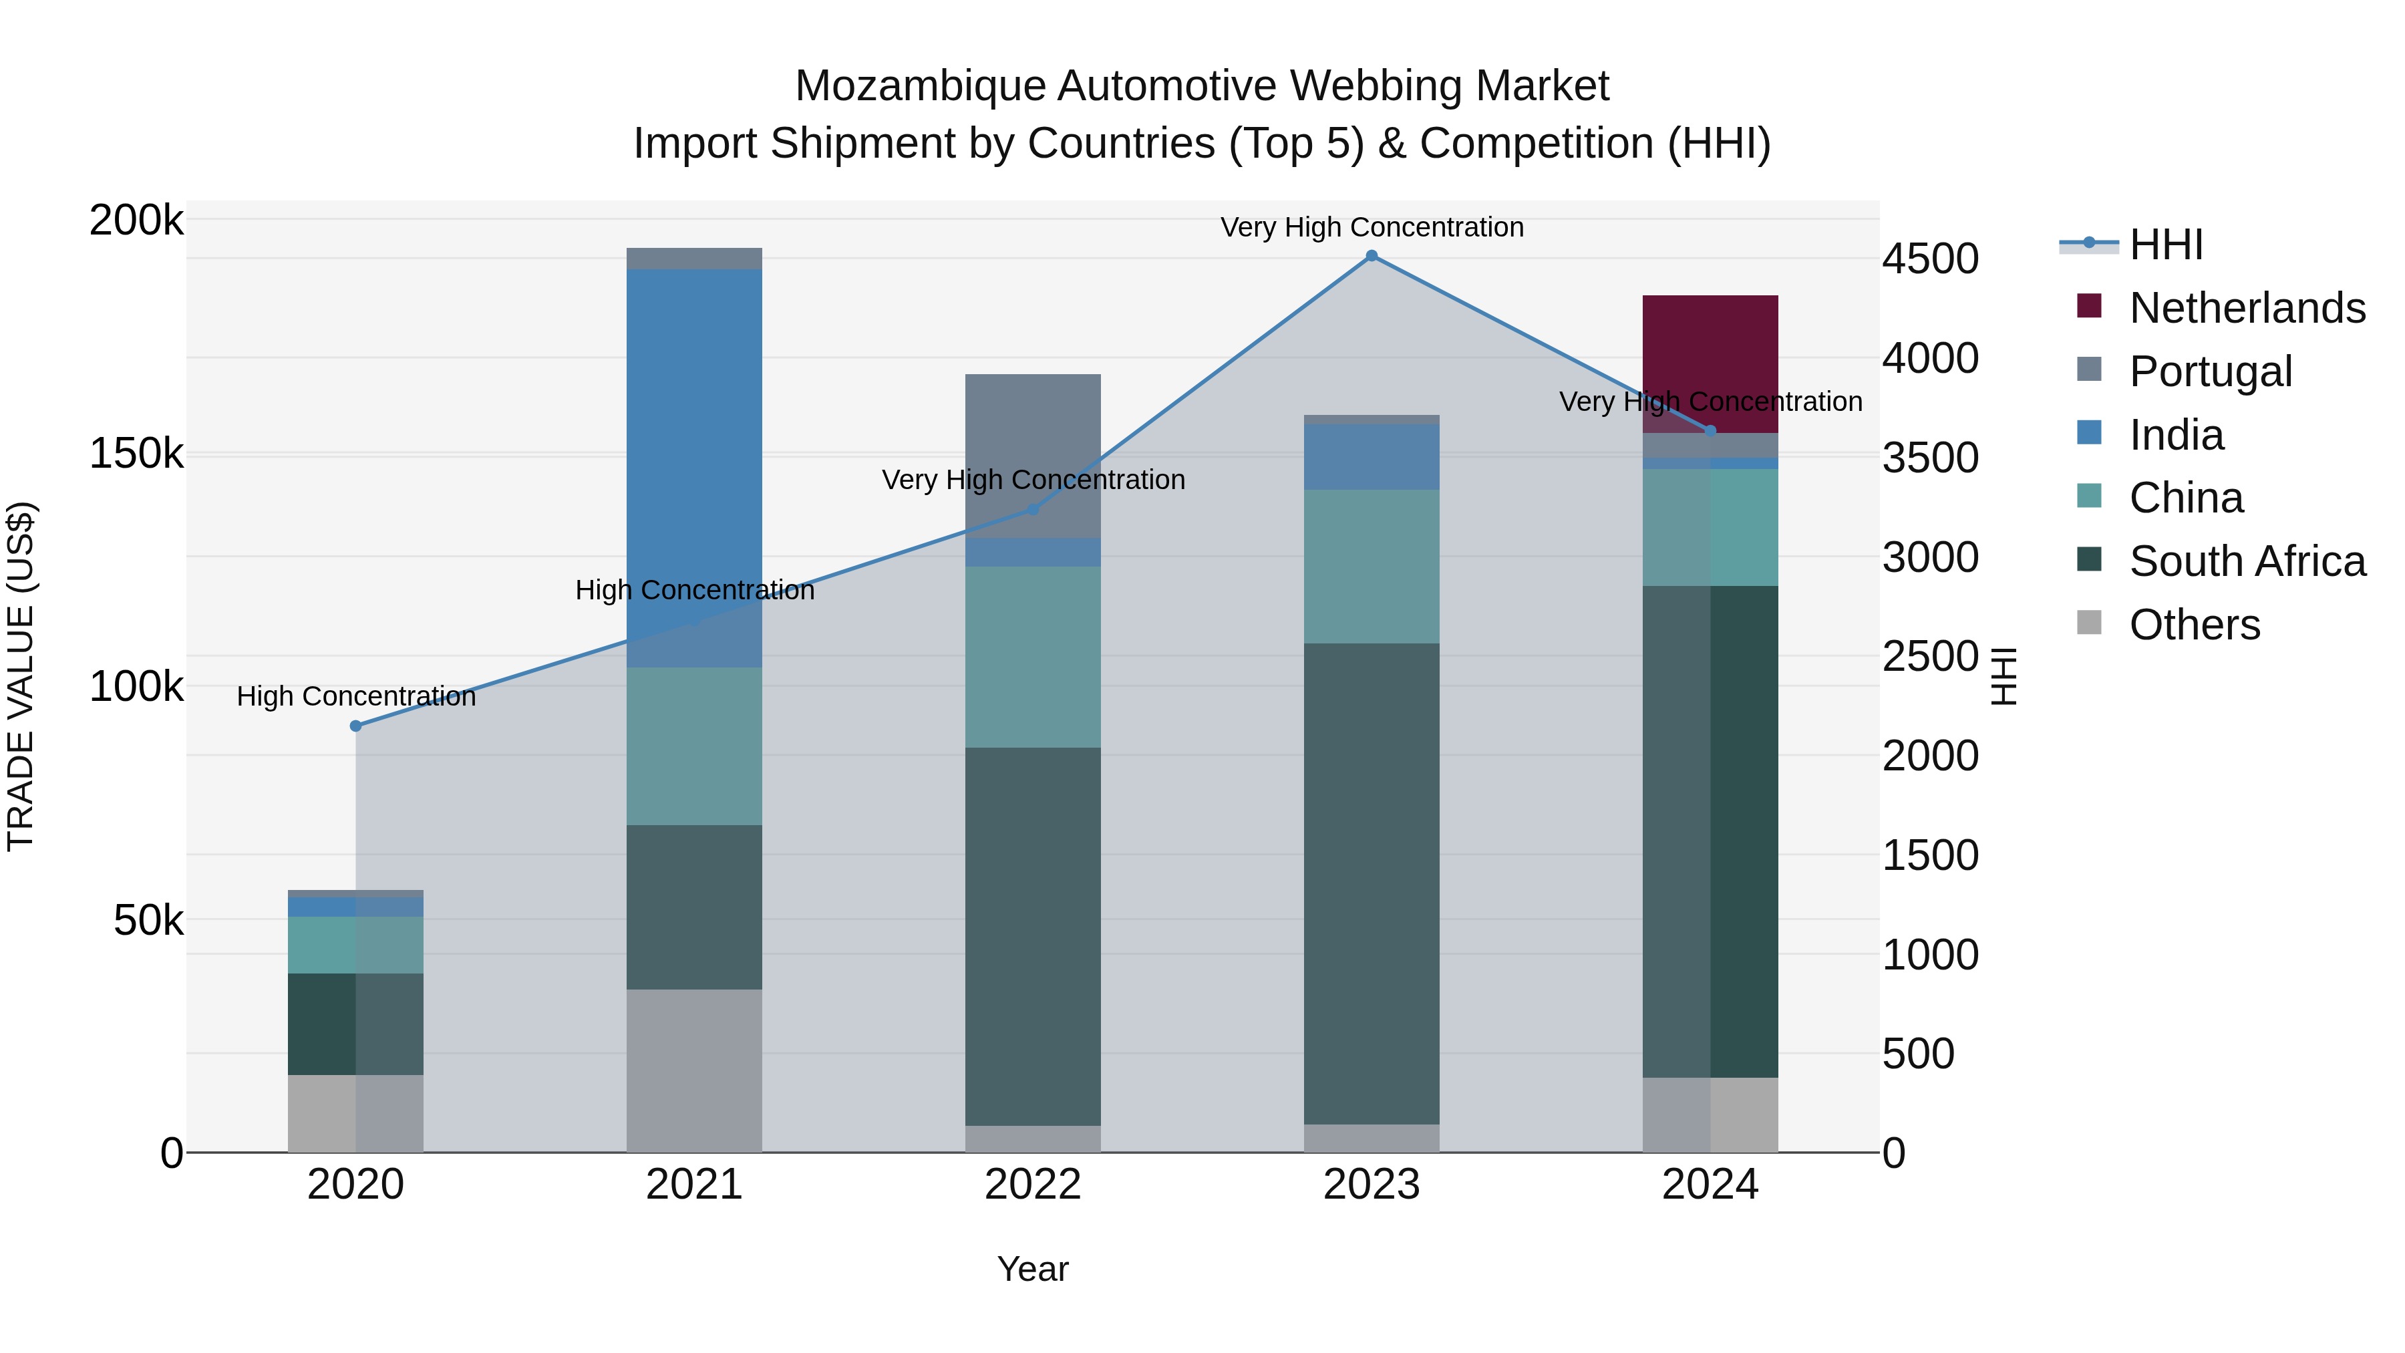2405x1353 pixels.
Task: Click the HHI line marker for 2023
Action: tap(1372, 256)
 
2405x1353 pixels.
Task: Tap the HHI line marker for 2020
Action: tap(355, 726)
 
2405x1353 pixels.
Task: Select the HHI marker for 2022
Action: tap(1033, 509)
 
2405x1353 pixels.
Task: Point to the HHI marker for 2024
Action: tap(1710, 430)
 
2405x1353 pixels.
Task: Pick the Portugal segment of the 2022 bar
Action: tap(1033, 455)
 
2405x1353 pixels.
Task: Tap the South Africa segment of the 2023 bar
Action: tap(1372, 883)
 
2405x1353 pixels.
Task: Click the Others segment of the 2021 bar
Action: tap(693, 1070)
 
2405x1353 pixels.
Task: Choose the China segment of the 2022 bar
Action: tap(1033, 656)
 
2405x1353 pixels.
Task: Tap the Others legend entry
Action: tap(2194, 625)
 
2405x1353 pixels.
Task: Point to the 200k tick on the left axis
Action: tap(136, 221)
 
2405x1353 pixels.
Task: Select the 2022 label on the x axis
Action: tap(1033, 1185)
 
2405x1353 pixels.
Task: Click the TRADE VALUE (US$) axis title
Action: tap(21, 676)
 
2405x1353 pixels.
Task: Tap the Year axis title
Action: tap(1033, 1269)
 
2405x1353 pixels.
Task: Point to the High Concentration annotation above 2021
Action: tap(695, 590)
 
